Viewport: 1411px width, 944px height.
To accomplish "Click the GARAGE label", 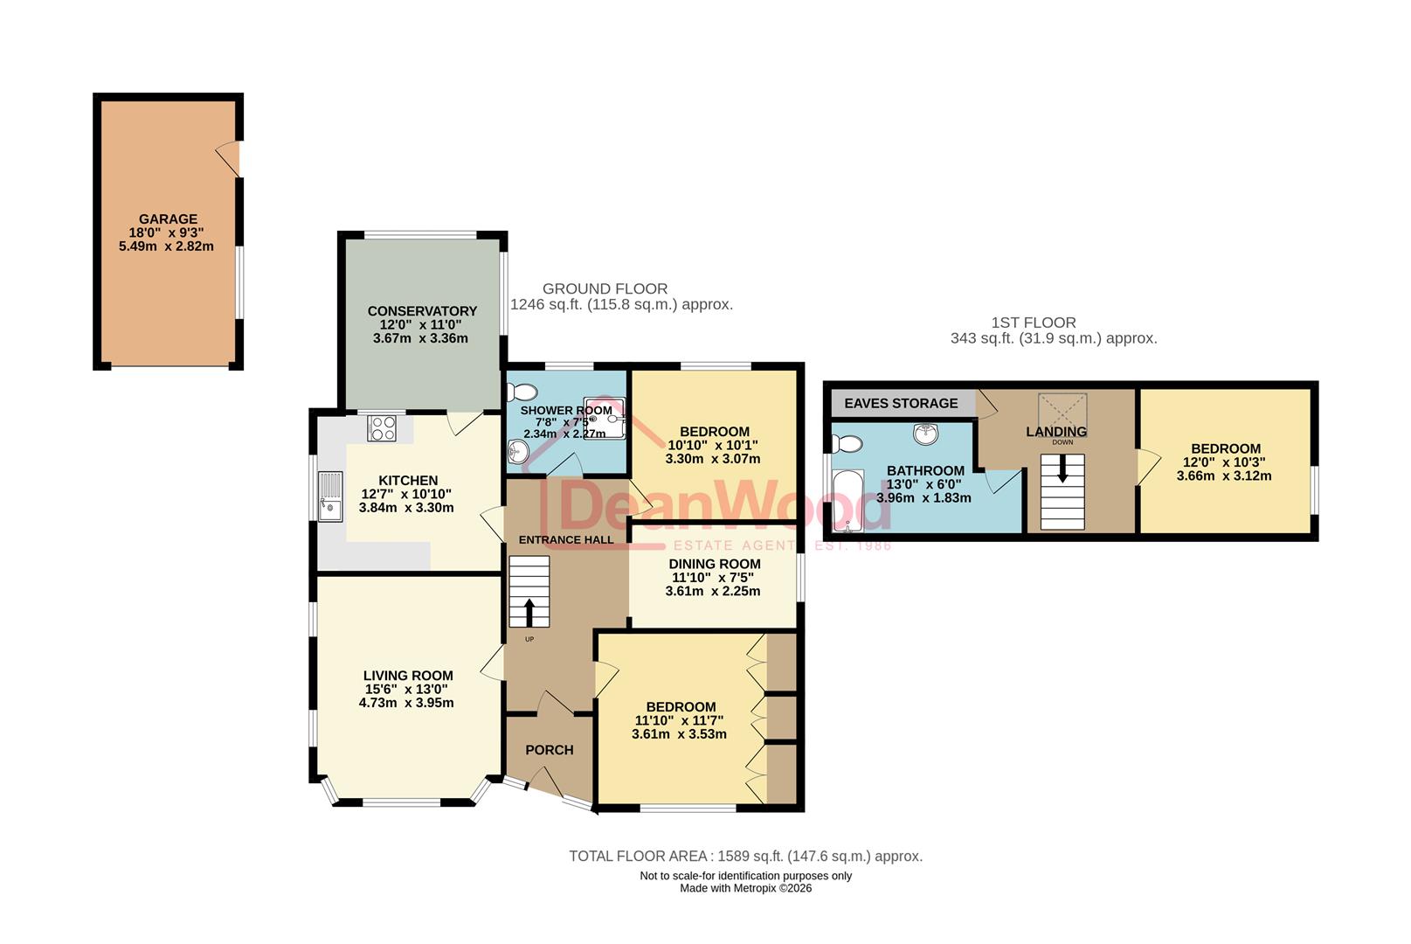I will (168, 219).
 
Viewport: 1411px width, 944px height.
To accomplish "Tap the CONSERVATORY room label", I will (422, 311).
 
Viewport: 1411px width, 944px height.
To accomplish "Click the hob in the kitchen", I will (383, 428).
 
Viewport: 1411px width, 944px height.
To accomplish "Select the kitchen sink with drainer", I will (330, 496).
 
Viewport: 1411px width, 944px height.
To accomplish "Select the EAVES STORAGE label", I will (901, 404).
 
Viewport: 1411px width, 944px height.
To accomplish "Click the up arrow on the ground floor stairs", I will (529, 612).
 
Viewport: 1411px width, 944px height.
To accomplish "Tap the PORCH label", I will (550, 750).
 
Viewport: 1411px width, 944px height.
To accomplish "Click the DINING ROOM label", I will (715, 565).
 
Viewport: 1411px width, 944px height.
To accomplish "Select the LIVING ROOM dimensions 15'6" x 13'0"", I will (408, 690).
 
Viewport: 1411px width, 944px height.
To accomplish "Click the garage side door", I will (230, 159).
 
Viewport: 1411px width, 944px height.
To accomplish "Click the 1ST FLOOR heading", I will (1034, 323).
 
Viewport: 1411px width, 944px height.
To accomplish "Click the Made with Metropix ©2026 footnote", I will (745, 888).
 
